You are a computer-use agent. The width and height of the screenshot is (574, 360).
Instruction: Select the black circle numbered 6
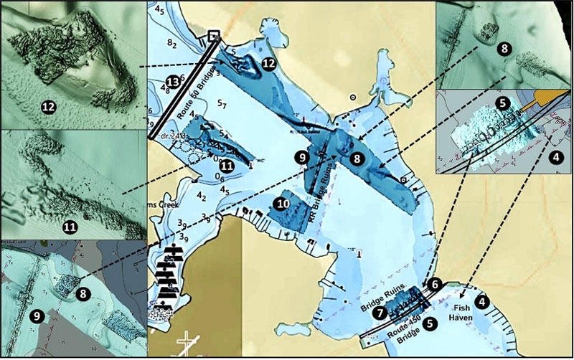click(434, 284)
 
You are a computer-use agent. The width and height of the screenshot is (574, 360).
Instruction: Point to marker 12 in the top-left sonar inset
click(49, 107)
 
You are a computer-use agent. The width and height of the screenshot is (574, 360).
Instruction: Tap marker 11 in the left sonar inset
click(70, 227)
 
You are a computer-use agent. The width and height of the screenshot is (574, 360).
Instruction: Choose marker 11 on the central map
click(227, 166)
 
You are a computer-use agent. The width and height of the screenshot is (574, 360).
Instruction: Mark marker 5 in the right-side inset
click(503, 103)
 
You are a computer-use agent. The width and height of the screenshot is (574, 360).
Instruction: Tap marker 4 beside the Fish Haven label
click(481, 302)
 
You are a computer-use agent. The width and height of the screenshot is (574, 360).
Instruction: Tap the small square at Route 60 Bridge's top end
click(213, 35)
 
